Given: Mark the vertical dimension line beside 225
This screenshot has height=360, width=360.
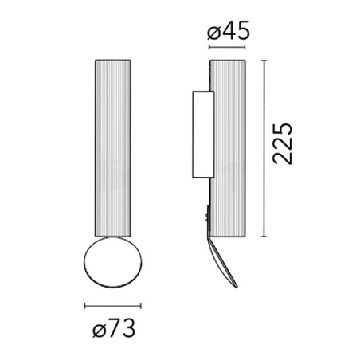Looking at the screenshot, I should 264,147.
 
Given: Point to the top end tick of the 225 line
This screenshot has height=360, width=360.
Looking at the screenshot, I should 264,58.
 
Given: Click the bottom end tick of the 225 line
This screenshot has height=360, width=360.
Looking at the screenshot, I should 264,237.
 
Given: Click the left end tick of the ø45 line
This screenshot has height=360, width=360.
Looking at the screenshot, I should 209,48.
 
